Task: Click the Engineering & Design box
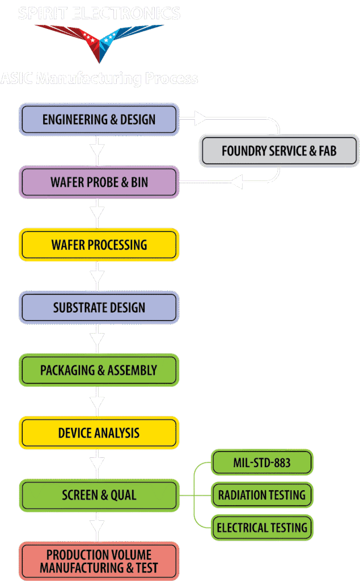tap(99, 119)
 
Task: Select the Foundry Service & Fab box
tap(279, 151)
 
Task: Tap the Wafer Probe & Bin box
tap(99, 182)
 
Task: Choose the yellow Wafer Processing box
tap(99, 245)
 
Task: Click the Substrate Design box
tap(99, 308)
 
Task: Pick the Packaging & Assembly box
tap(99, 371)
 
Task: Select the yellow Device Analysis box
tap(99, 433)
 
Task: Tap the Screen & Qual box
tap(99, 495)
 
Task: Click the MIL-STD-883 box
tap(262, 462)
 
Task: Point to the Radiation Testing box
tap(262, 495)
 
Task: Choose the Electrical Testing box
tap(262, 528)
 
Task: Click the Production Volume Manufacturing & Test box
tap(99, 561)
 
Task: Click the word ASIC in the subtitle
tap(16, 78)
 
